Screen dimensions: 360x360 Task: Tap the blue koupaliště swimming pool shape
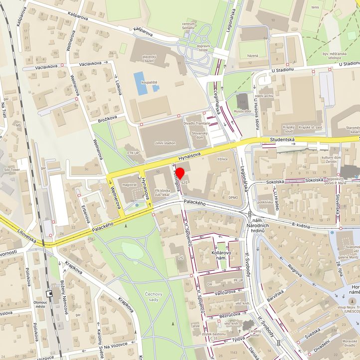tap(140, 83)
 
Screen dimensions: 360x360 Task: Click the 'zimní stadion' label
tap(165, 143)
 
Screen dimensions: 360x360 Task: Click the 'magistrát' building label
tap(129, 184)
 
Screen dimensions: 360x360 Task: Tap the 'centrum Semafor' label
tap(188, 26)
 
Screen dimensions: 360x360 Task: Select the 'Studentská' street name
tap(283, 140)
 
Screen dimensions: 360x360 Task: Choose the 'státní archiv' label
tap(264, 96)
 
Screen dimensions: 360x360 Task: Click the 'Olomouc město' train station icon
tap(49, 294)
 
